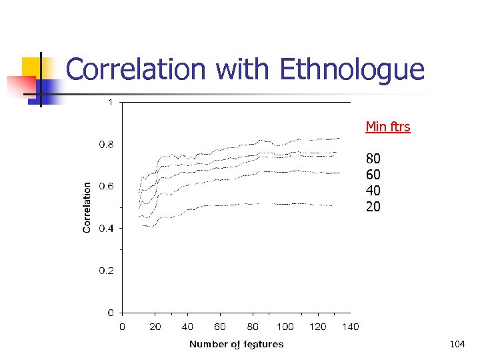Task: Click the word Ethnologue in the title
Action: [x=351, y=70]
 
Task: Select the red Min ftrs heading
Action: [x=387, y=127]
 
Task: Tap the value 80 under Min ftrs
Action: [x=373, y=159]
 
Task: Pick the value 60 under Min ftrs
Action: [x=373, y=175]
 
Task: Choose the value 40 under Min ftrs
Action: [x=373, y=191]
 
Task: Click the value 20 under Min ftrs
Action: [x=373, y=207]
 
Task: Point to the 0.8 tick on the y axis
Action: [x=107, y=144]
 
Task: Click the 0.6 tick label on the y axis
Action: [x=107, y=186]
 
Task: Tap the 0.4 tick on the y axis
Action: [x=107, y=229]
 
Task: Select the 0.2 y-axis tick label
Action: [x=107, y=271]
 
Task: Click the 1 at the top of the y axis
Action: [x=110, y=102]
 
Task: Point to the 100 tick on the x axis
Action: [x=285, y=327]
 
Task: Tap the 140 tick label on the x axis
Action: [x=350, y=327]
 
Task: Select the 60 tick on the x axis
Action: [x=220, y=327]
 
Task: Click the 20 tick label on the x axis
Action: [x=155, y=327]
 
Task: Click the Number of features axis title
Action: [x=236, y=344]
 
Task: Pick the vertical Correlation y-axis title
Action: [x=87, y=207]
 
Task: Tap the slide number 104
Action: [x=457, y=344]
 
